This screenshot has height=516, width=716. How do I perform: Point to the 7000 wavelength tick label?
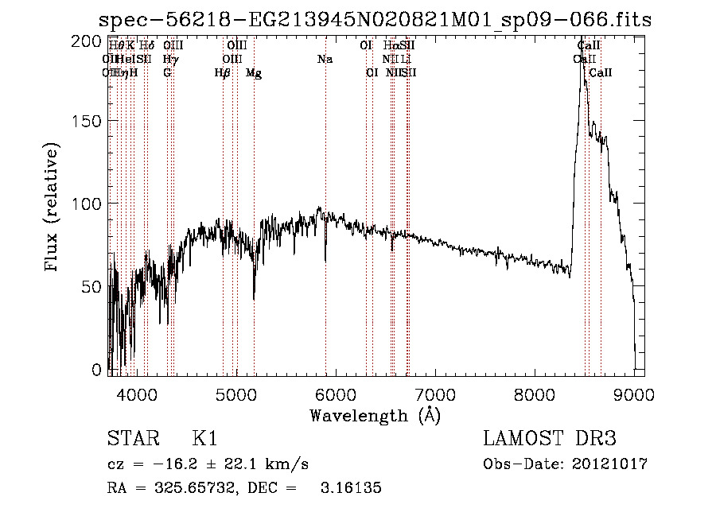[435, 392]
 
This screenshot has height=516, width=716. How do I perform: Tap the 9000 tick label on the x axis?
[634, 392]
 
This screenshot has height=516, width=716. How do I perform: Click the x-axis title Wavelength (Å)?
[375, 414]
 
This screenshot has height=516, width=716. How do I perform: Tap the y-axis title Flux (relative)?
[53, 208]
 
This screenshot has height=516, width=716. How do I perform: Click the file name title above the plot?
[375, 20]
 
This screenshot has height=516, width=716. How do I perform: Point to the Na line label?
[325, 60]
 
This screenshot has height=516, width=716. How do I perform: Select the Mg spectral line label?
[254, 73]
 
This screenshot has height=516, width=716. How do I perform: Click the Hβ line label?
[223, 73]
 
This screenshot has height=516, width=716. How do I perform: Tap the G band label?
[167, 73]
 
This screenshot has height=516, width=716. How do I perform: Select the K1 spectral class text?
[204, 439]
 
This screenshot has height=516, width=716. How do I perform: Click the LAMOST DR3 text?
[549, 439]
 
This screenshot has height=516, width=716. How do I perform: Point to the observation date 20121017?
[613, 464]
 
